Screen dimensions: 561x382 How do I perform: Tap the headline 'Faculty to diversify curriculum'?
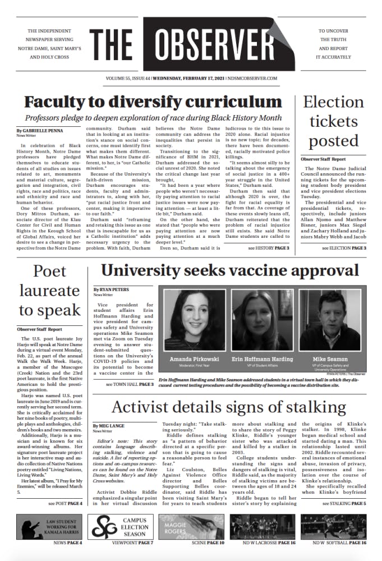(153, 102)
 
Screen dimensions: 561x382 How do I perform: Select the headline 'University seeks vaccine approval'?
(230, 270)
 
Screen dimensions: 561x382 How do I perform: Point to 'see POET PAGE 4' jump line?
(65, 504)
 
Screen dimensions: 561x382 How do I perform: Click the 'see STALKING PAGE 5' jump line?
(345, 504)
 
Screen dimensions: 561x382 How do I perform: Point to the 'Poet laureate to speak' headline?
(49, 290)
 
